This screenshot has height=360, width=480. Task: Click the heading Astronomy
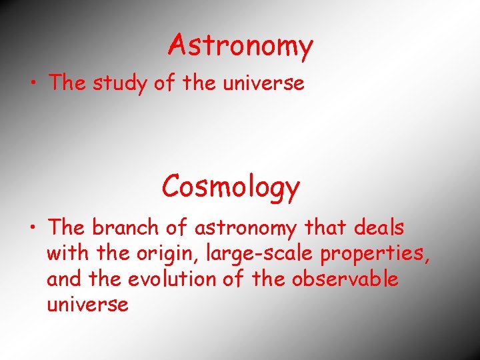(241, 46)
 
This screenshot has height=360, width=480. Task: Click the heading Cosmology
(231, 187)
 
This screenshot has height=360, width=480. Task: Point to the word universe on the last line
(87, 305)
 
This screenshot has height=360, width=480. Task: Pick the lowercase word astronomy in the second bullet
(245, 229)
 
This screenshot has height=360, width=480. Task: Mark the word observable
(345, 279)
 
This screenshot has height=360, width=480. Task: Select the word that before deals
(322, 227)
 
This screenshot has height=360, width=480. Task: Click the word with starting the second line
(65, 253)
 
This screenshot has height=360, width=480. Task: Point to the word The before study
(66, 83)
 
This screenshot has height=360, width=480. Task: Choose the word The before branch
(66, 227)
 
